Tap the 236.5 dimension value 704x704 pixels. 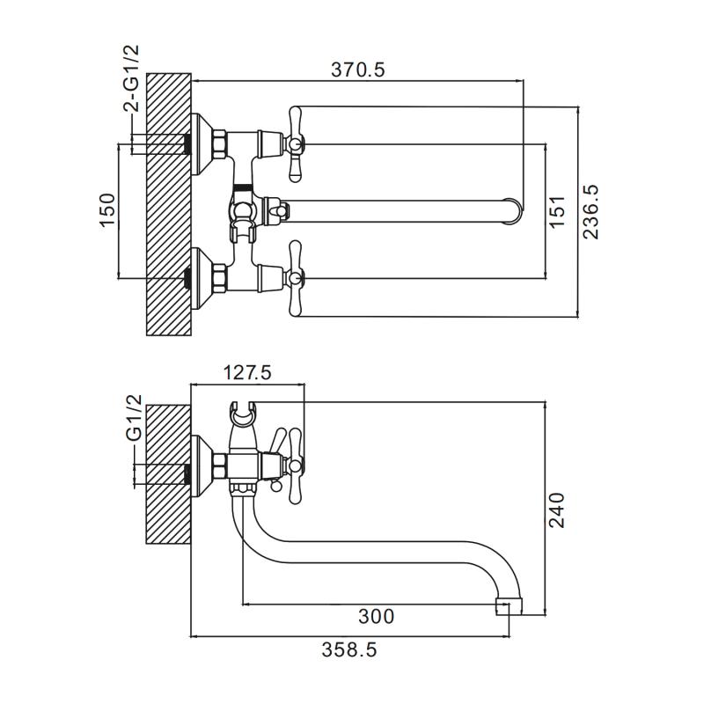coord(590,211)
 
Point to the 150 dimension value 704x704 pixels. coord(107,210)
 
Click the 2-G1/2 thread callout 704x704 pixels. coord(131,79)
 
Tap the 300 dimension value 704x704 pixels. coord(376,615)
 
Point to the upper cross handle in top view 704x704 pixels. coord(296,141)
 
